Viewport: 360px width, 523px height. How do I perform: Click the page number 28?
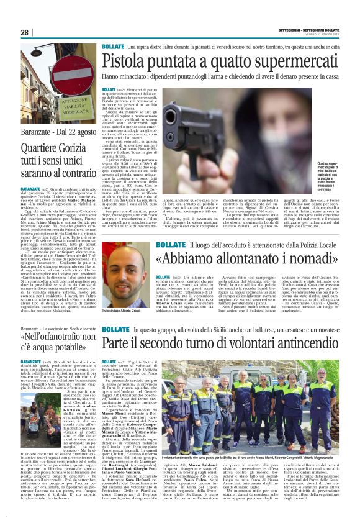[25, 32]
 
